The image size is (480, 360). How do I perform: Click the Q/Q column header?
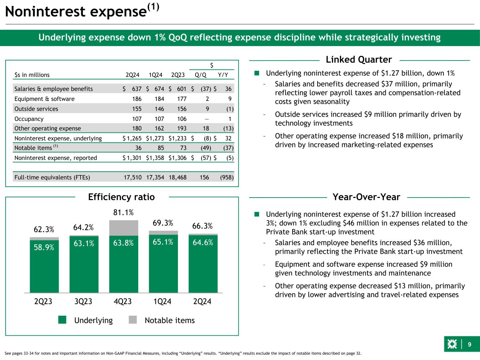pos(201,75)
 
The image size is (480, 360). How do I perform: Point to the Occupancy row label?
pos(29,119)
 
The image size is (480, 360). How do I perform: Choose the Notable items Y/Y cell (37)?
pos(228,148)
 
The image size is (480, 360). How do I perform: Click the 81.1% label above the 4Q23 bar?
pos(123,213)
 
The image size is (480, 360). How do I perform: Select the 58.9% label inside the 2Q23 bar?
pos(44,247)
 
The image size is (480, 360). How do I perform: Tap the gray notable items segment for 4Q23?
pos(124,228)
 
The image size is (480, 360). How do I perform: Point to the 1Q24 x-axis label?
pos(162,301)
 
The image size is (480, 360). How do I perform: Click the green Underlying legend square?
pos(63,320)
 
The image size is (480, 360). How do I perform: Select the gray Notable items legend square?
pos(133,320)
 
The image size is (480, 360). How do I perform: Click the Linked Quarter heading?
pos(359,60)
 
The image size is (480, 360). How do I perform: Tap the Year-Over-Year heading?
pos(366,197)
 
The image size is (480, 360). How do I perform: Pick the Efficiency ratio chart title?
pos(121,197)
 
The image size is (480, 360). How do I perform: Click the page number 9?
pos(469,345)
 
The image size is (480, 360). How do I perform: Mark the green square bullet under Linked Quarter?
pos(257,73)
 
